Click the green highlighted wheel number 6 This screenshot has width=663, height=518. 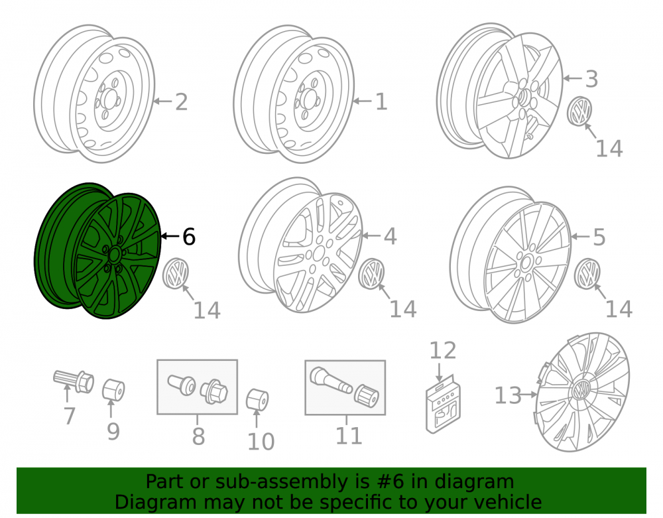pyautogui.click(x=97, y=251)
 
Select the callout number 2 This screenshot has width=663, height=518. pyautogui.click(x=182, y=102)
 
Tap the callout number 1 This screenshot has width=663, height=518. pyautogui.click(x=381, y=102)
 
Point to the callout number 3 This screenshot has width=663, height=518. pyautogui.click(x=591, y=79)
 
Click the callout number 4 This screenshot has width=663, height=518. pyautogui.click(x=390, y=236)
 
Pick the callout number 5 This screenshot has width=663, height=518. pyautogui.click(x=599, y=237)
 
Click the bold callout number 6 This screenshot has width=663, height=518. pyautogui.click(x=188, y=236)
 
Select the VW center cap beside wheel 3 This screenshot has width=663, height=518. pyautogui.click(x=579, y=111)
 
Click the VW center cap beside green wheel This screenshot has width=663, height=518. pyautogui.click(x=176, y=273)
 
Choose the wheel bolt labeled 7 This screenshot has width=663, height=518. pyautogui.click(x=74, y=381)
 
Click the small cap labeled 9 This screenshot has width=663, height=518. pyautogui.click(x=114, y=390)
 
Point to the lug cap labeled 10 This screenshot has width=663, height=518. pyautogui.click(x=257, y=399)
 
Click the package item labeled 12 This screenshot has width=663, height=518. pyautogui.click(x=443, y=404)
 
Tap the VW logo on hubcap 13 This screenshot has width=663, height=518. pyautogui.click(x=581, y=389)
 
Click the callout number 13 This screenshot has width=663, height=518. pyautogui.click(x=508, y=396)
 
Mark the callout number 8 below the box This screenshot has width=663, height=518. pyautogui.click(x=198, y=436)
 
